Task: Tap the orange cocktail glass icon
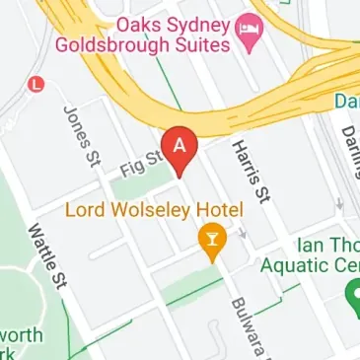pyautogui.click(x=209, y=238)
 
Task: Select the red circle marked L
pyautogui.click(x=37, y=85)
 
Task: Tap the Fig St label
pyautogui.click(x=139, y=162)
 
